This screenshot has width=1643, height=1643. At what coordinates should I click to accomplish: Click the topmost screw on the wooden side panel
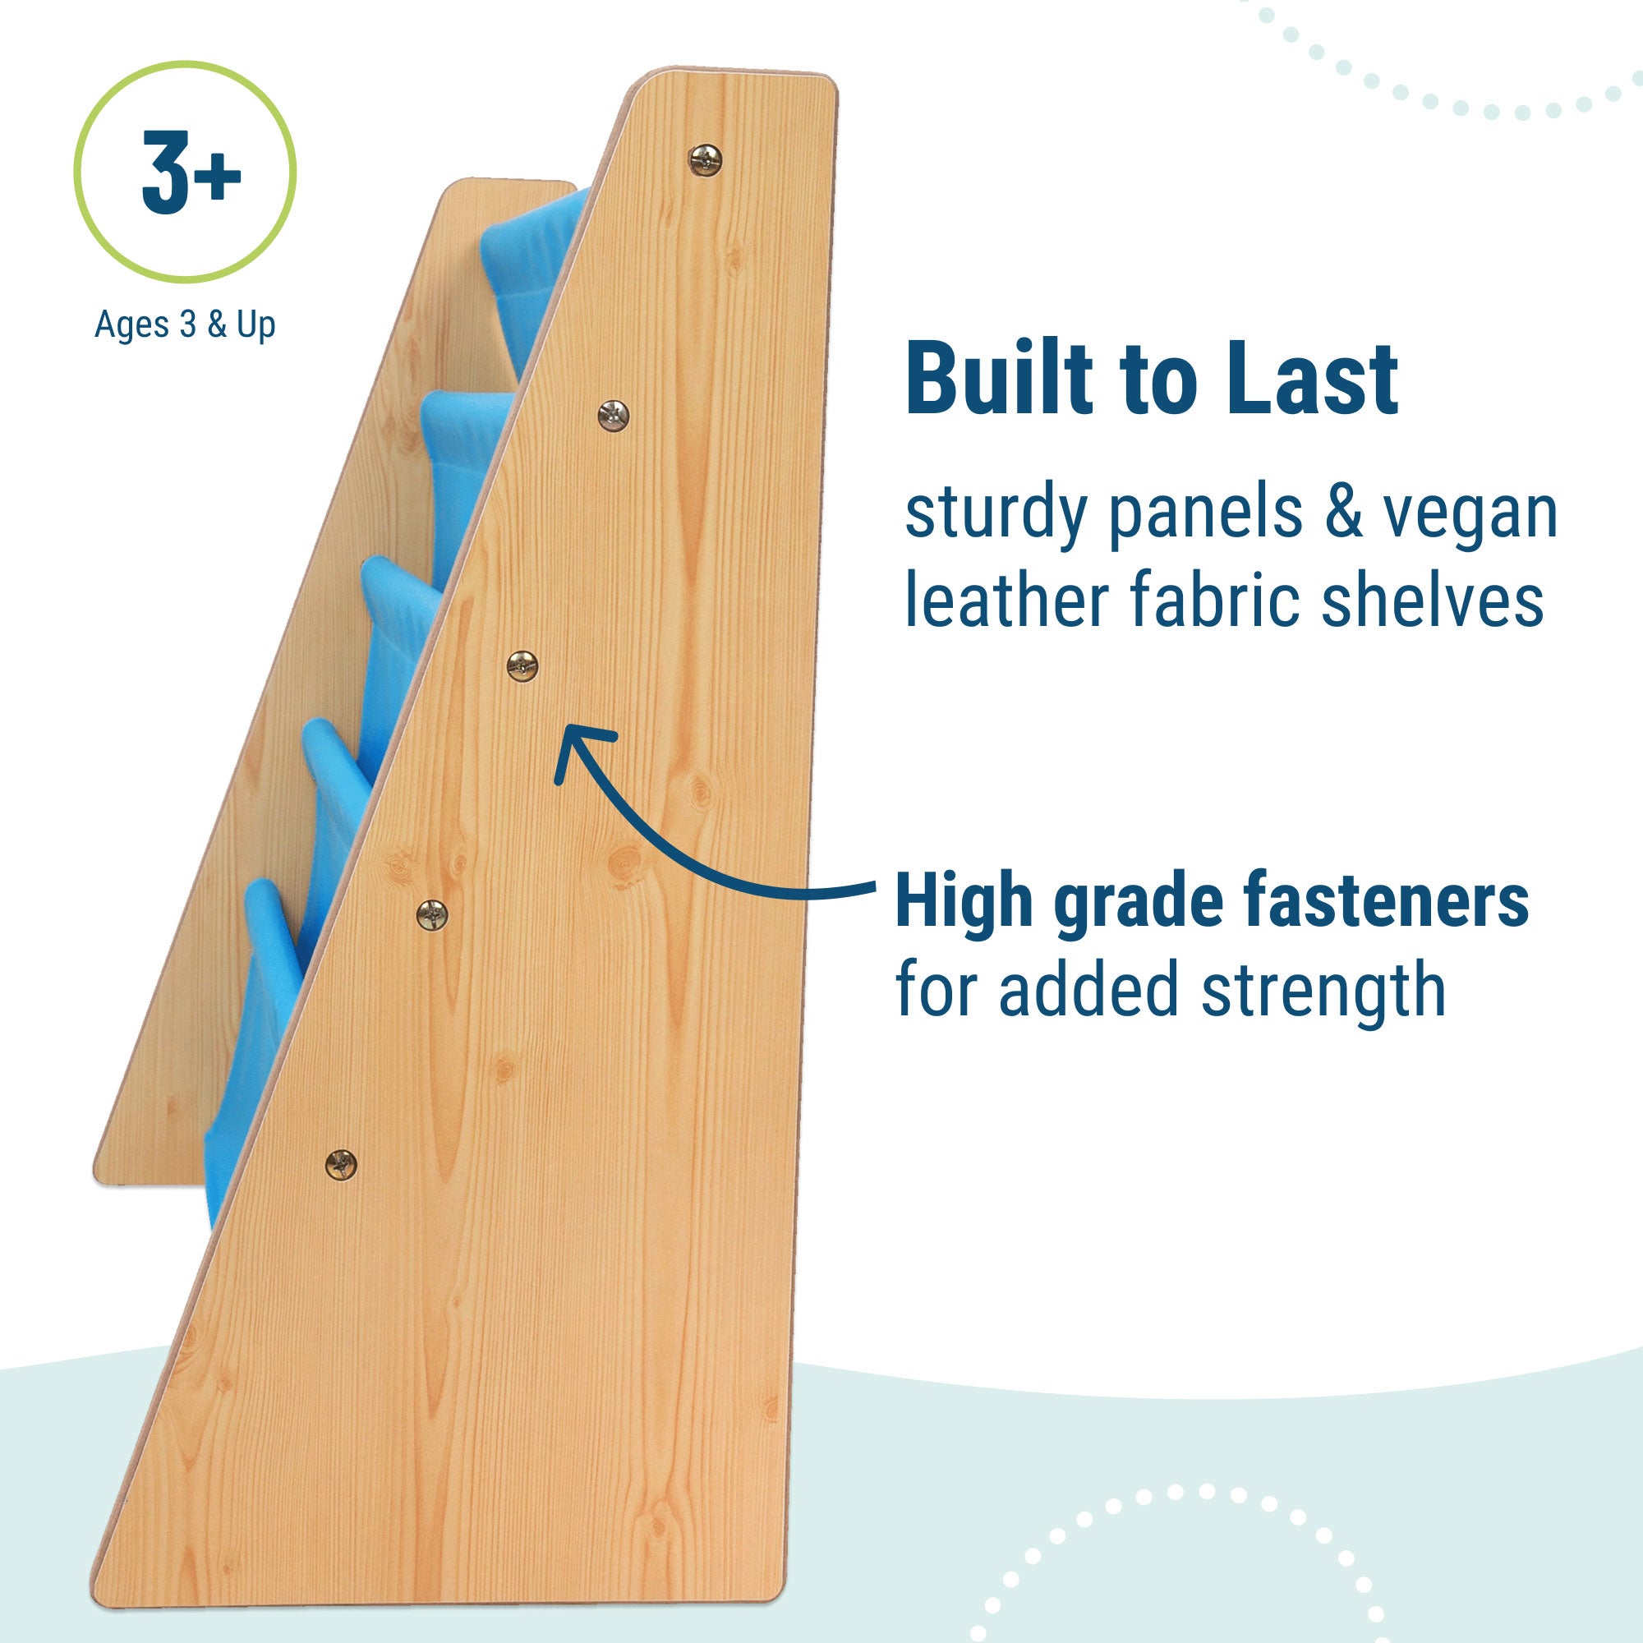click(705, 159)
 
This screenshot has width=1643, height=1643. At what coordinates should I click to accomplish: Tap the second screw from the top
click(613, 415)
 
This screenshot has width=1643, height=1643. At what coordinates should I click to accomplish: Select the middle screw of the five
click(522, 665)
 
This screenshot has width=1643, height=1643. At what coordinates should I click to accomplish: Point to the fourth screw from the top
click(432, 914)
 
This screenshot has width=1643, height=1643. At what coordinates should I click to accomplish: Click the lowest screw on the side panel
click(341, 1164)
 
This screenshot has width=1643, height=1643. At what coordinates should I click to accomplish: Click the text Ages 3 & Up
click(185, 324)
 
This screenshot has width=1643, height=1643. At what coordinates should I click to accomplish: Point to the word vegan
click(1470, 514)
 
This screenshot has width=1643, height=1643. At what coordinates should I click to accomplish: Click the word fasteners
click(1386, 901)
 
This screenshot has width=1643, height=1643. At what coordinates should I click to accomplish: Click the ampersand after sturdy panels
click(1342, 513)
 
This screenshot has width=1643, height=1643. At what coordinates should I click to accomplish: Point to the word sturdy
click(996, 514)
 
